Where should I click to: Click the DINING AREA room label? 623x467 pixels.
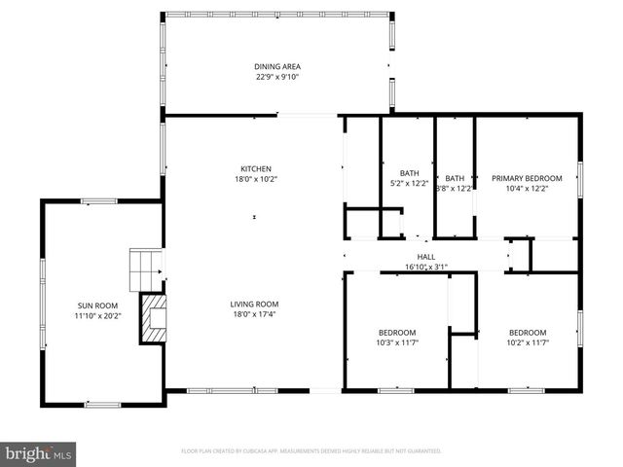pos(277,66)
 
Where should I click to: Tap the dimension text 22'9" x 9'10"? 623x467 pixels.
pos(277,76)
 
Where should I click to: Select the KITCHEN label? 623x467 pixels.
pos(256,168)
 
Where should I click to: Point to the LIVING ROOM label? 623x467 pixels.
pos(254,305)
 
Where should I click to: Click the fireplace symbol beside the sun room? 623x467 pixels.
pos(152,317)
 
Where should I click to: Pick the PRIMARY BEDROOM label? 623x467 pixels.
pos(527,178)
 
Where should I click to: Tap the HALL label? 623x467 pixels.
pos(425,256)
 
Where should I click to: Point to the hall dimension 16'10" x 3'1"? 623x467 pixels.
pos(425,266)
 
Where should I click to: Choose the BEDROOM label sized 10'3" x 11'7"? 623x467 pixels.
pos(396,332)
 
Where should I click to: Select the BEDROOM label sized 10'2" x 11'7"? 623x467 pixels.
pos(527,332)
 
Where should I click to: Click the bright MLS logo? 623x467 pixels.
pos(39,452)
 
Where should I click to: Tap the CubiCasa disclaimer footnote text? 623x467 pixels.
pos(311,451)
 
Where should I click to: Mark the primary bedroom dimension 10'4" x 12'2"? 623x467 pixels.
pos(527,188)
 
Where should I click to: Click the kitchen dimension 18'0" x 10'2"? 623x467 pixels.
pos(256,178)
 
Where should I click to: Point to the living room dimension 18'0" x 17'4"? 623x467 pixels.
pos(254,314)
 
